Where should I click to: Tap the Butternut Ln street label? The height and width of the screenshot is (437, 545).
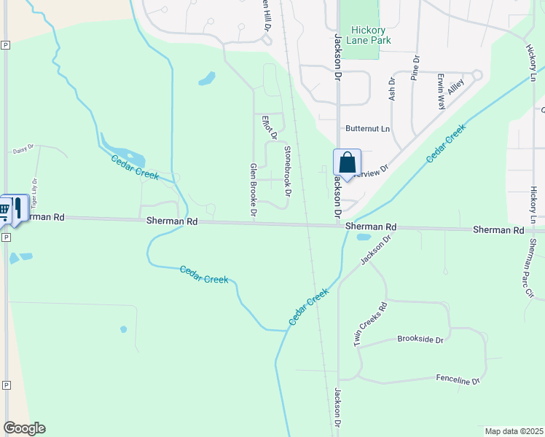tap(368, 129)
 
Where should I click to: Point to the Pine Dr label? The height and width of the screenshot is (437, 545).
tap(414, 67)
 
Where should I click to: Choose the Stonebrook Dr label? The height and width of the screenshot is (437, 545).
tap(287, 171)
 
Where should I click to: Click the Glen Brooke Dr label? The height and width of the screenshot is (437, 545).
tap(254, 189)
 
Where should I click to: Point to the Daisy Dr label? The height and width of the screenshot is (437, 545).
tap(23, 151)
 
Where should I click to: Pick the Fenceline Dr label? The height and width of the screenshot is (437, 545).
tap(458, 380)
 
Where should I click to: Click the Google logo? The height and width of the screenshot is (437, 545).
tap(24, 428)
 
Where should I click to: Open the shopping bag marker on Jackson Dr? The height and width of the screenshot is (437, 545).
tap(348, 162)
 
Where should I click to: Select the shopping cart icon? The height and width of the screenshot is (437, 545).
tap(5, 209)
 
